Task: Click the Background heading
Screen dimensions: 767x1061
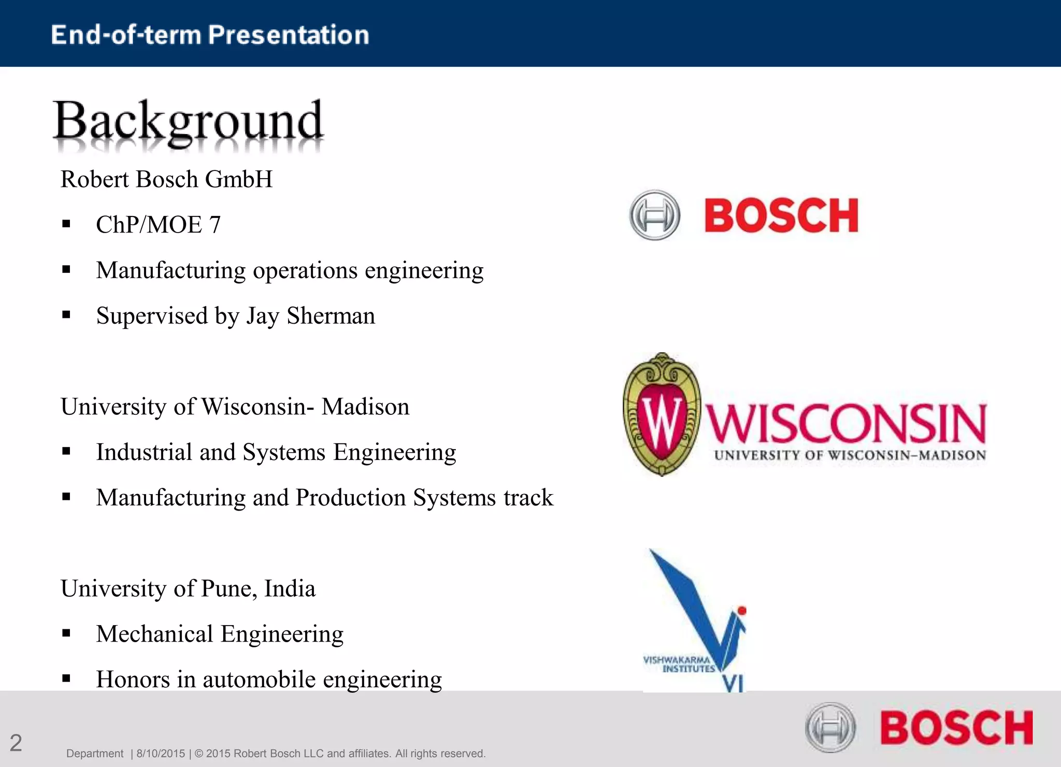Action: [188, 121]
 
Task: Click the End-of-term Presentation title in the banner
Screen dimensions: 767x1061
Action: [210, 35]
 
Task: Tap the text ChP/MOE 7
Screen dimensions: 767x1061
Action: [158, 225]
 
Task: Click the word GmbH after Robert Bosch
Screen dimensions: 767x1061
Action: [238, 179]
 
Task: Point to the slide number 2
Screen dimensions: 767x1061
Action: [16, 743]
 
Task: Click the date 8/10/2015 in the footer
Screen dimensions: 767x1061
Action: [161, 754]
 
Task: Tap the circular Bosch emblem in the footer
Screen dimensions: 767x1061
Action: [830, 727]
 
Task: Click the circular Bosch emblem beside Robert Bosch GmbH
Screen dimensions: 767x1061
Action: [654, 215]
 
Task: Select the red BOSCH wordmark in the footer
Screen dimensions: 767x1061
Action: [956, 728]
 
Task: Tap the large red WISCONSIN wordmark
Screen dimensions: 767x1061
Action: [847, 424]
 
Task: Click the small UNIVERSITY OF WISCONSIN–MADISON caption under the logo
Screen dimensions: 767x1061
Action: [850, 455]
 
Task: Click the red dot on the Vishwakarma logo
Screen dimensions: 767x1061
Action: [742, 611]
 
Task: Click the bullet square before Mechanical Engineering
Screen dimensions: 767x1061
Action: [66, 633]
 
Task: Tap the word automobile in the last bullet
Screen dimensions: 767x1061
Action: [259, 679]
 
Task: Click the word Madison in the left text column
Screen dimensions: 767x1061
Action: [365, 407]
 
